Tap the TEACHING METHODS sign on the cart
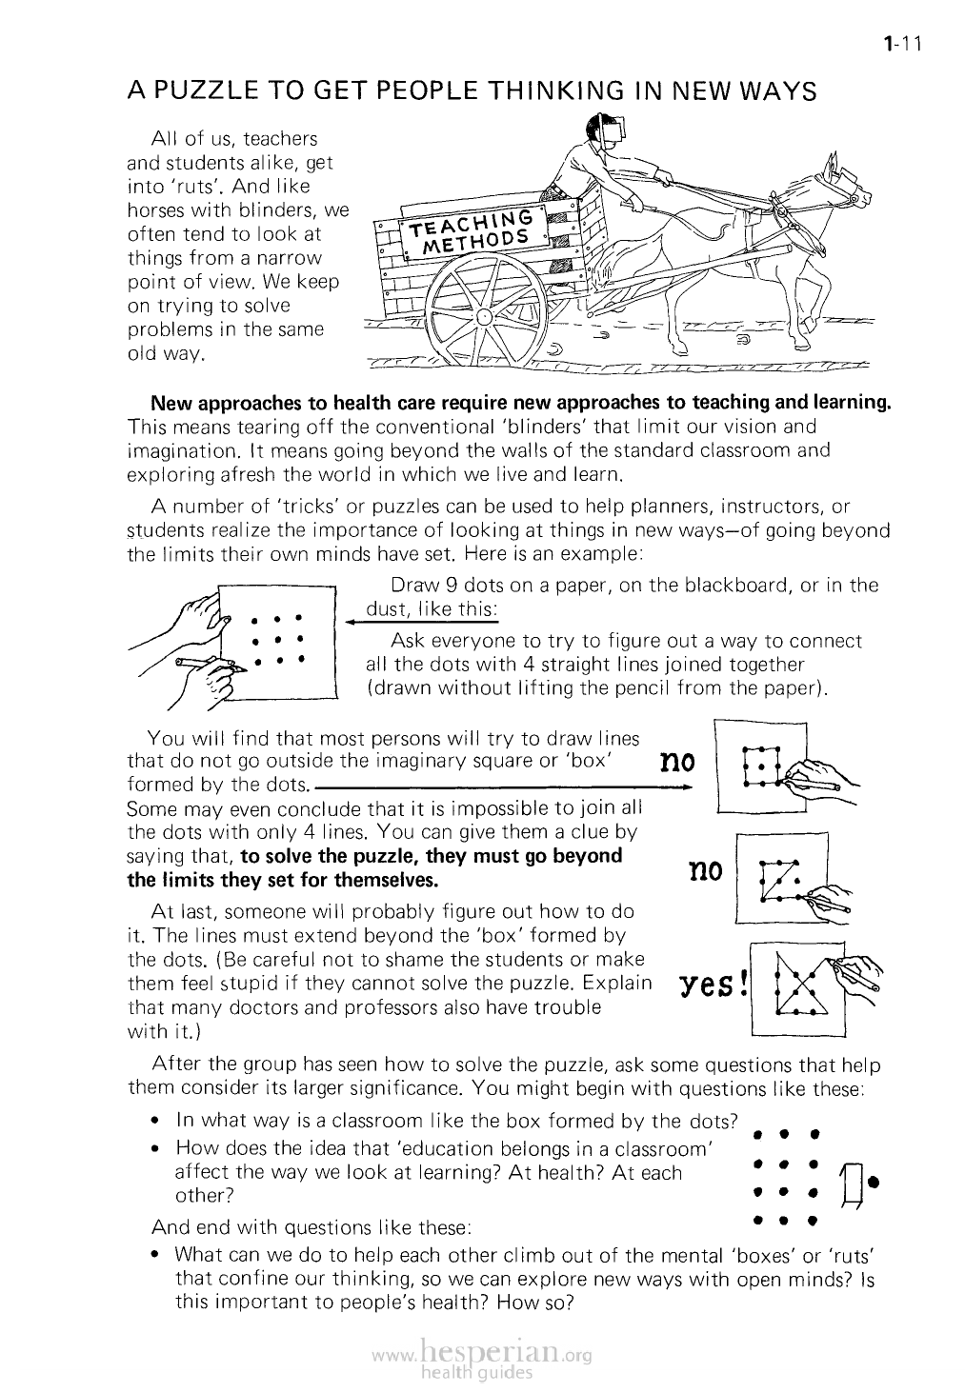[468, 228]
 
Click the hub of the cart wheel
[485, 316]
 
